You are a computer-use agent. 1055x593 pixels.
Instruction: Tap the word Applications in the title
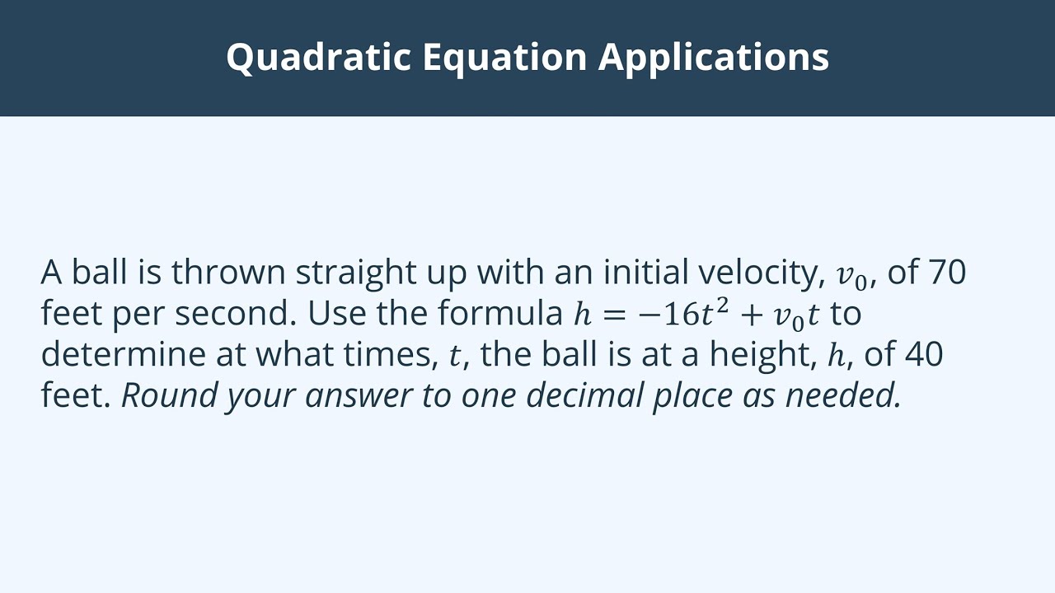(x=714, y=57)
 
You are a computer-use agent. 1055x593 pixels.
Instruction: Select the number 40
(x=924, y=354)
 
